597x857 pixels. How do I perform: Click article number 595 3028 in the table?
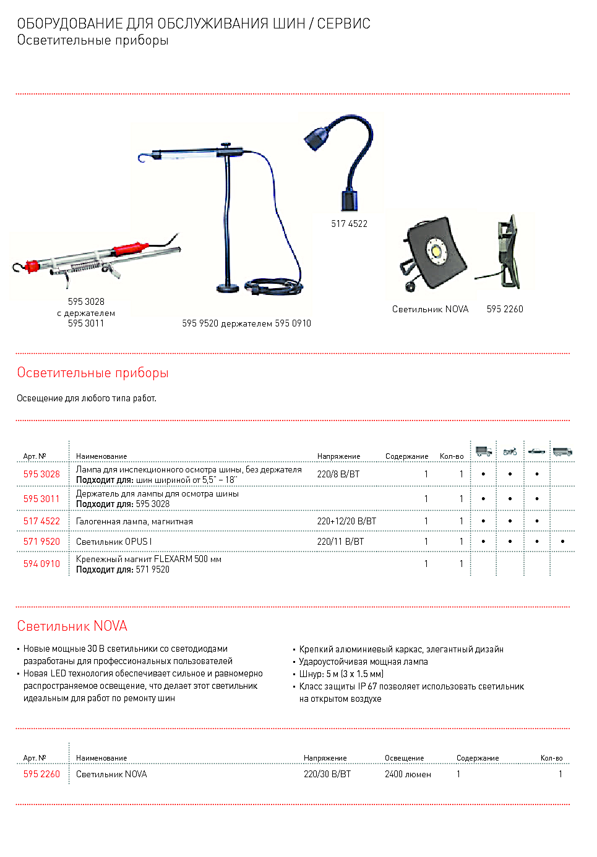click(x=41, y=474)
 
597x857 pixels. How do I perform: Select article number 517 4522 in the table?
click(x=41, y=521)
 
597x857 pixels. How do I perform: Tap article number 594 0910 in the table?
click(x=41, y=564)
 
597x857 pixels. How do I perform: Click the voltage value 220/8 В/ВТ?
click(x=338, y=474)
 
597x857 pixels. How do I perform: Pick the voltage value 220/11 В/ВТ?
click(x=340, y=542)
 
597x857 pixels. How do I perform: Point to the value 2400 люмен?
click(x=408, y=774)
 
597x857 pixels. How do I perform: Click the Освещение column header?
click(x=404, y=758)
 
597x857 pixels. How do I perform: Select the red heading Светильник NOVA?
click(x=72, y=626)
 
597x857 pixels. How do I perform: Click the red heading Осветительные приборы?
click(x=93, y=373)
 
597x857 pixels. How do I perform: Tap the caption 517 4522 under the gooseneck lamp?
click(x=349, y=224)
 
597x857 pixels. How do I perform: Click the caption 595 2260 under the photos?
click(x=505, y=309)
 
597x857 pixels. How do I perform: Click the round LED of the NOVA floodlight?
click(x=437, y=252)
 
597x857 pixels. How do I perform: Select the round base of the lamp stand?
click(x=228, y=288)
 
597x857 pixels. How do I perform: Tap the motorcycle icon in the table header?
click(x=510, y=451)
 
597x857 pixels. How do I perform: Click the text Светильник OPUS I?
click(x=113, y=542)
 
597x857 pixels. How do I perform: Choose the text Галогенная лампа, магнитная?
click(x=134, y=522)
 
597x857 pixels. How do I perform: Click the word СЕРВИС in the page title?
click(x=343, y=24)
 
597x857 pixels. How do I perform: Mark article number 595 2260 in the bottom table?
click(x=41, y=774)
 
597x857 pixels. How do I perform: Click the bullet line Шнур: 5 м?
click(x=341, y=674)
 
